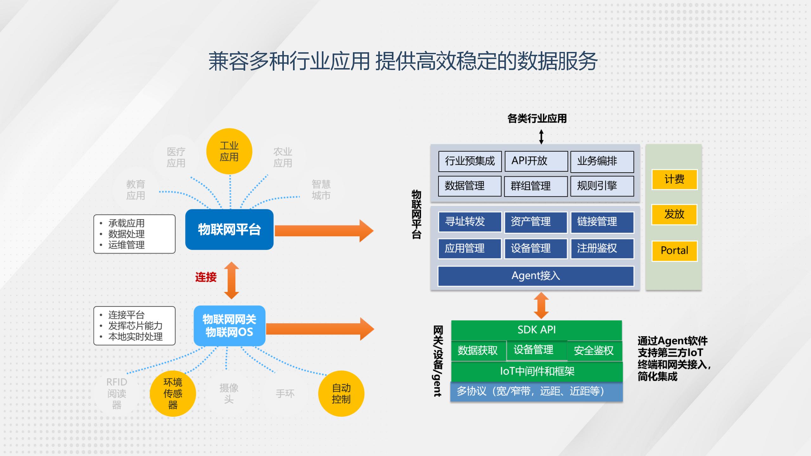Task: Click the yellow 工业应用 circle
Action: coord(229,151)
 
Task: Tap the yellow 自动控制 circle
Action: coord(341,394)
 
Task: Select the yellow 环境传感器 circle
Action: coord(173,394)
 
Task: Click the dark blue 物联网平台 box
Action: coord(229,230)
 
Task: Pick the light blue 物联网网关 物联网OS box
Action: coord(229,326)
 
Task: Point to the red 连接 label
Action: coord(206,277)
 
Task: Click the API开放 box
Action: coord(536,161)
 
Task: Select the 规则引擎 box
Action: coord(602,186)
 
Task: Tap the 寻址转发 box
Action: coord(470,222)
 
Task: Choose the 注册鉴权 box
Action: coord(602,249)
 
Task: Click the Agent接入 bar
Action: coord(536,276)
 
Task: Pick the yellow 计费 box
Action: coord(674,180)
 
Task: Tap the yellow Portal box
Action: coord(674,251)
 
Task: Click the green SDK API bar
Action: coord(537,330)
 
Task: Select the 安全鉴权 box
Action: coord(594,351)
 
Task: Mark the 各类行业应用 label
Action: coord(537,119)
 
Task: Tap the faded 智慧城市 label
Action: coord(321,190)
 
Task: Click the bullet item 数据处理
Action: coord(126,234)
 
